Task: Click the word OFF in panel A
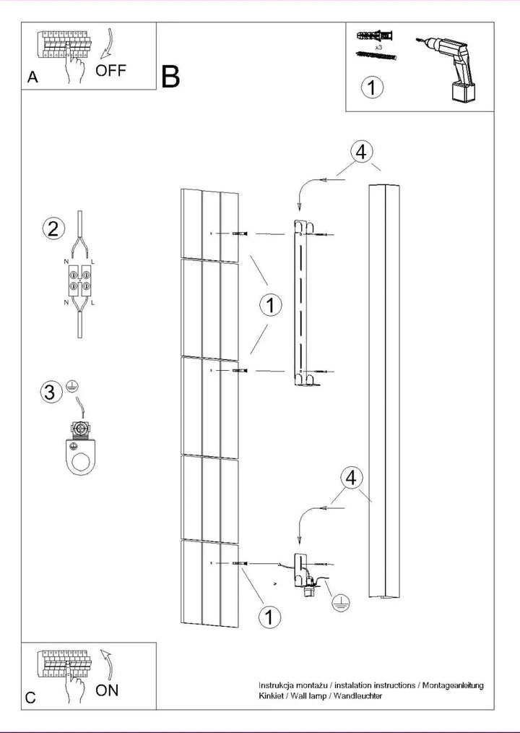pyautogui.click(x=110, y=71)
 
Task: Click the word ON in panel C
pyautogui.click(x=107, y=690)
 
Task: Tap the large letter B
pyautogui.click(x=170, y=77)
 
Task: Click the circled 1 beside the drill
pyautogui.click(x=373, y=87)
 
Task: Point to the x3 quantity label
pyautogui.click(x=378, y=47)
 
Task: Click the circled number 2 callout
pyautogui.click(x=53, y=228)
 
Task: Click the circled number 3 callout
pyautogui.click(x=51, y=391)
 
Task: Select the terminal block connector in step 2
pyautogui.click(x=80, y=280)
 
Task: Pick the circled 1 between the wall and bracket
pyautogui.click(x=271, y=305)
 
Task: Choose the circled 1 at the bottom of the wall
pyautogui.click(x=269, y=617)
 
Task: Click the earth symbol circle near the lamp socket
pyautogui.click(x=342, y=604)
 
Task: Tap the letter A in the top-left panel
pyautogui.click(x=32, y=77)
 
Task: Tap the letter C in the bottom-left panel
pyautogui.click(x=30, y=698)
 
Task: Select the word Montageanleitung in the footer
pyautogui.click(x=453, y=686)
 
